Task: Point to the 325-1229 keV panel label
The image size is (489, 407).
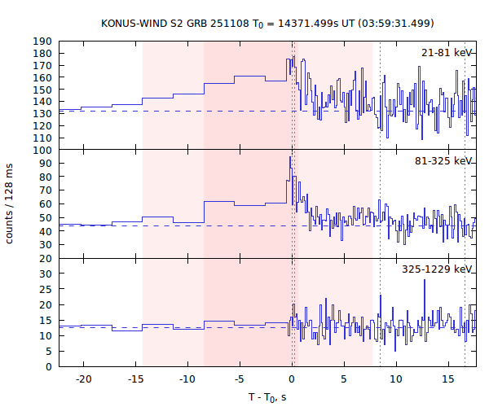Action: point(438,269)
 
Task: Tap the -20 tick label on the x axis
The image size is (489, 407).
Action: point(82,379)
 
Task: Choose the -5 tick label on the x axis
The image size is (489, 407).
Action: point(238,379)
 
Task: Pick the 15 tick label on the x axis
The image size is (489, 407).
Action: point(448,379)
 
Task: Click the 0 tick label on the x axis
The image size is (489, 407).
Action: point(292,379)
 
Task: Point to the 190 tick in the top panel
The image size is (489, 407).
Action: point(42,42)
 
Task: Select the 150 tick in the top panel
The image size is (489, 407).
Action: point(42,90)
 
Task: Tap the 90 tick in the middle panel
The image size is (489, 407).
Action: point(46,164)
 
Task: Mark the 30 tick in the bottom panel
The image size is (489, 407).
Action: point(46,274)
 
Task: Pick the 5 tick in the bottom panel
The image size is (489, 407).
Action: point(49,351)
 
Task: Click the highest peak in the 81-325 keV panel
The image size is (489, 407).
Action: point(290,158)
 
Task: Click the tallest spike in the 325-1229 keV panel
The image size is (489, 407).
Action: point(423,291)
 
